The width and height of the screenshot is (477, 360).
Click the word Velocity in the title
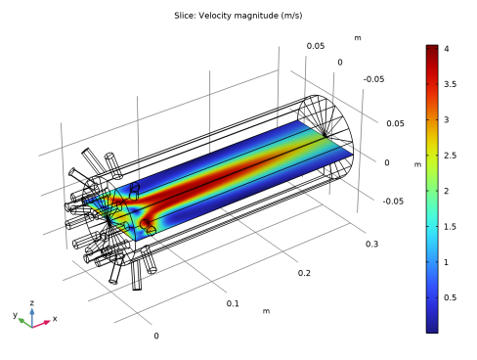click(x=213, y=16)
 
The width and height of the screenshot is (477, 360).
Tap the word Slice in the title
click(x=185, y=16)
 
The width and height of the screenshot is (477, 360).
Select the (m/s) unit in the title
click(x=291, y=16)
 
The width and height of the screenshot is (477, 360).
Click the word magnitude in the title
click(x=254, y=16)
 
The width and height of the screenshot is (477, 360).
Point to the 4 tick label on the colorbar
click(x=447, y=49)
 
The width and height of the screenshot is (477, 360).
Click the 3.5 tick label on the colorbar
click(x=450, y=84)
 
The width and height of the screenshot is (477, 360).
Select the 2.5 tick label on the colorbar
click(x=450, y=156)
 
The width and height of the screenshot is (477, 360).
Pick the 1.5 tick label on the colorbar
click(x=450, y=226)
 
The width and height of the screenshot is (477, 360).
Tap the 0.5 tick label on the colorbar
click(x=450, y=297)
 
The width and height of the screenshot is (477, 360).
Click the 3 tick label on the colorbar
click(x=447, y=119)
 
